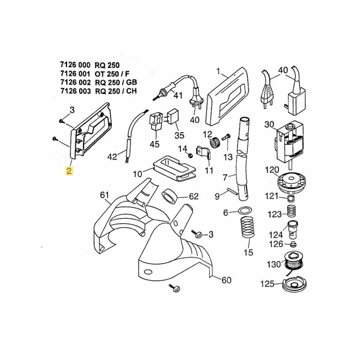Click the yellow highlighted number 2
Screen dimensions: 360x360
pos(69,171)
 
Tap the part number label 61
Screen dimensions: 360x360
pos(104,195)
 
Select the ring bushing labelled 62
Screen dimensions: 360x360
pos(169,197)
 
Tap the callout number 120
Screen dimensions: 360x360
pos(272,170)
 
